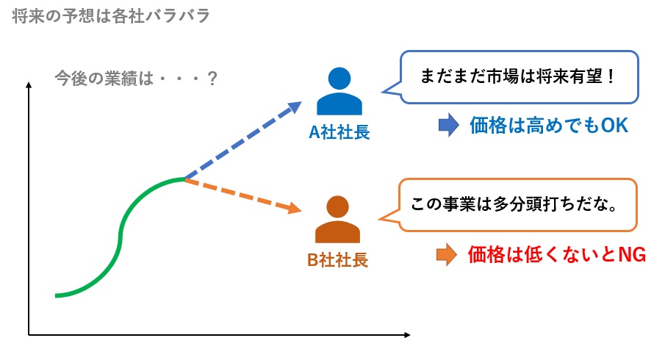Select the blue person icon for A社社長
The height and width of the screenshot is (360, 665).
pos(339,94)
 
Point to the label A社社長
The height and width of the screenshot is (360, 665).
pos(339,133)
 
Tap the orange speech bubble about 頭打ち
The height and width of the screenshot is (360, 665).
pos(514,204)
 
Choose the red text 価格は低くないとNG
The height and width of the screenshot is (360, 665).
pos(556,255)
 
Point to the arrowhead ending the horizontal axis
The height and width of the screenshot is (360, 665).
pos(406,336)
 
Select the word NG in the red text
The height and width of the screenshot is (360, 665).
pos(632,255)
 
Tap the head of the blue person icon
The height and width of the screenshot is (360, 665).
pos(339,79)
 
